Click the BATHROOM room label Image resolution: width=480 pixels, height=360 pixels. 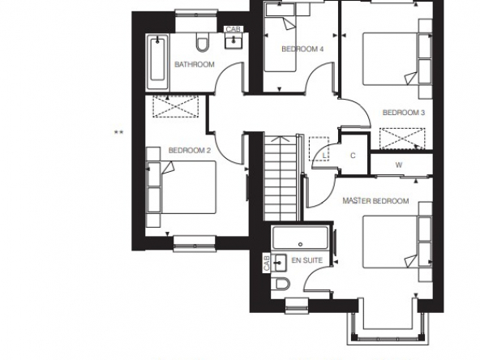pos(195,65)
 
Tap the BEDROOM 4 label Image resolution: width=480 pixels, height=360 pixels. pos(302,49)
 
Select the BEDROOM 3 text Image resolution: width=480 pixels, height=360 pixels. pos(404,113)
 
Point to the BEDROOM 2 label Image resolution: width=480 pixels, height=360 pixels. pos(190,150)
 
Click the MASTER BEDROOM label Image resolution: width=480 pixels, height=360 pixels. pos(375,201)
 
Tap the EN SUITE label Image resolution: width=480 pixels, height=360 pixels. pos(307,260)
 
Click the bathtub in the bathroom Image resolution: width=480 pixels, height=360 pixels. pos(157,62)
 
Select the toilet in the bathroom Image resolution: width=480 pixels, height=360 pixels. pos(203,42)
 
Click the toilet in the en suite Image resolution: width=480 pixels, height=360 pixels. pos(282,284)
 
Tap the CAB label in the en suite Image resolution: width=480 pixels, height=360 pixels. pos(267,263)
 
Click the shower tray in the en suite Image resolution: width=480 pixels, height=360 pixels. pos(300,238)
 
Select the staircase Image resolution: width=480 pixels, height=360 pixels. pos(281,178)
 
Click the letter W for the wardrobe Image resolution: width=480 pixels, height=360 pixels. pos(399,165)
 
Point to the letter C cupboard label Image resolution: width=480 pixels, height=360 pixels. pos(353,156)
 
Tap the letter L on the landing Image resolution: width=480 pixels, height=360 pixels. pos(324,156)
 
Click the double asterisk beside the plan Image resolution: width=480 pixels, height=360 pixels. pos(118,133)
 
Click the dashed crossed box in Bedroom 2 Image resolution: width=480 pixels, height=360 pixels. pos(176,106)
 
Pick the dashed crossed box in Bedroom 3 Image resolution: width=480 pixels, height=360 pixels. pos(402,139)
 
